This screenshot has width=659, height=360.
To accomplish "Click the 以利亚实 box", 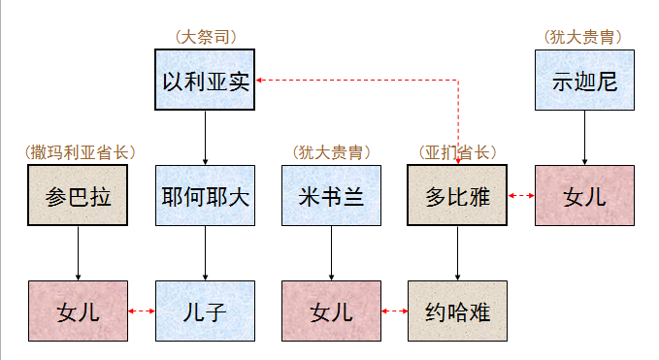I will [206, 80].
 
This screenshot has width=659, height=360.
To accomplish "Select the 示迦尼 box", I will [584, 80].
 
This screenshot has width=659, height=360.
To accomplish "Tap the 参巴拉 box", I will [79, 195].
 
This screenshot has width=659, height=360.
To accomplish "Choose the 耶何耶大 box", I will [206, 195].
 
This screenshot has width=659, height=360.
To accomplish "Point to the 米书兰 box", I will [331, 195].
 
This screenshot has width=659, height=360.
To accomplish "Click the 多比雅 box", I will [458, 195].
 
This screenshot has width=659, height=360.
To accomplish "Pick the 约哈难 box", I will [458, 311].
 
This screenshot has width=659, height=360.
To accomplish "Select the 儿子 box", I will [206, 311].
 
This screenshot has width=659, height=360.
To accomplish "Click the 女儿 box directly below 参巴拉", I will [79, 311].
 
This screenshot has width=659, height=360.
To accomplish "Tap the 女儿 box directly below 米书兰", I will [331, 311].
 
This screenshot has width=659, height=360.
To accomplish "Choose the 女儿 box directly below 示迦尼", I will [584, 195].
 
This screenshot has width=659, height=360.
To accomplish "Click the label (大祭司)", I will [206, 37].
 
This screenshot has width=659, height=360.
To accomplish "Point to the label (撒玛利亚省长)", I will [79, 152].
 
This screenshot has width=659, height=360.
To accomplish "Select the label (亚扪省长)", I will [458, 152].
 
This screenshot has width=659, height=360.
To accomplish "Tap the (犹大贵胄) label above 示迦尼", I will [584, 37].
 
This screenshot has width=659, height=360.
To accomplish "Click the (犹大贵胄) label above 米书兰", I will [331, 152].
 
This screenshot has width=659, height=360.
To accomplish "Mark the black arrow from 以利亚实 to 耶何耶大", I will [206, 137].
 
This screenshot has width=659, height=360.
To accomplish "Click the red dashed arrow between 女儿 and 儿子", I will [142, 311].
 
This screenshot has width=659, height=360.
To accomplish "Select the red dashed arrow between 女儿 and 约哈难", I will [394, 311].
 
